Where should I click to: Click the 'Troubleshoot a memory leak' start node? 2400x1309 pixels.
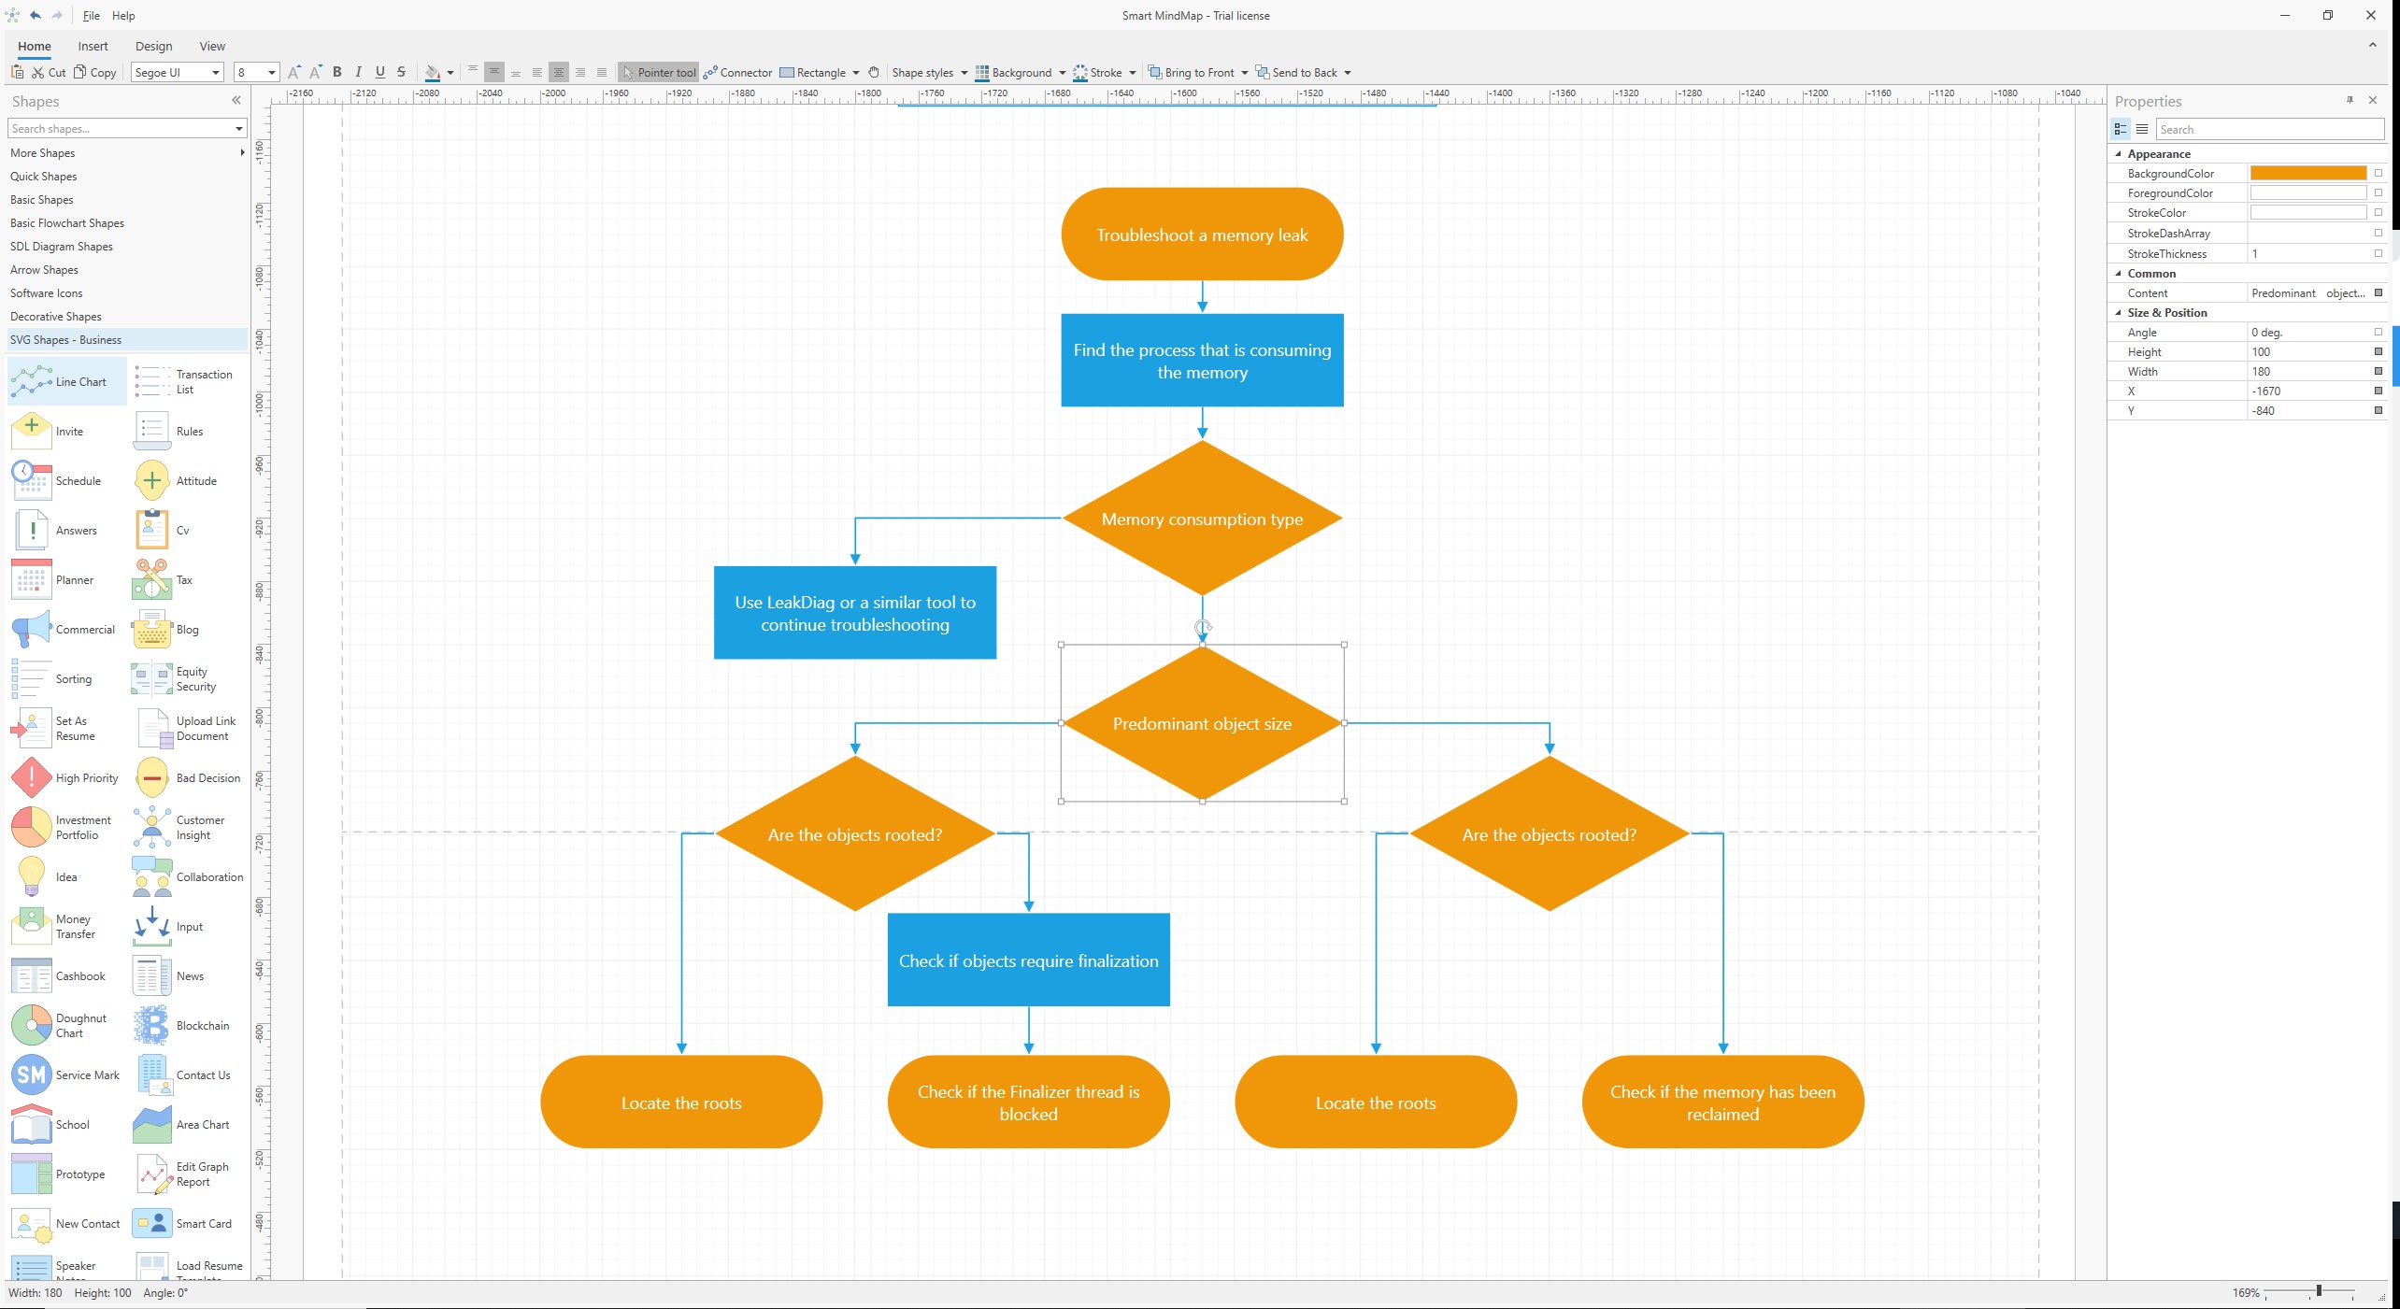click(x=1202, y=235)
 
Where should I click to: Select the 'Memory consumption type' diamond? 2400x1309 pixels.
click(x=1202, y=519)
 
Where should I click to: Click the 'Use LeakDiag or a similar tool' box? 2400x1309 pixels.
click(x=854, y=613)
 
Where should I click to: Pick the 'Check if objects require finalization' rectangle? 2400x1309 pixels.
click(x=1028, y=960)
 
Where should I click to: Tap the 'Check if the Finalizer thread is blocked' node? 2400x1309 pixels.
click(x=1028, y=1103)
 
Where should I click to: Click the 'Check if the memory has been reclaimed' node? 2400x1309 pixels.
click(x=1722, y=1103)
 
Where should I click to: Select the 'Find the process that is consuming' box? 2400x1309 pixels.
click(x=1202, y=361)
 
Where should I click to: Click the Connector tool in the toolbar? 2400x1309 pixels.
click(x=737, y=73)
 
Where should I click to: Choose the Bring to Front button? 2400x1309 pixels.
click(x=1197, y=73)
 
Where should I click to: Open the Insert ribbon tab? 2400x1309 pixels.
click(x=93, y=46)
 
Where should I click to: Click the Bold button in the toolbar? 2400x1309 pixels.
click(x=337, y=72)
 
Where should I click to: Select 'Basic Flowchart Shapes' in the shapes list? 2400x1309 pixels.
click(x=67, y=223)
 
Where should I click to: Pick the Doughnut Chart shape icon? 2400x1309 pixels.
click(x=32, y=1025)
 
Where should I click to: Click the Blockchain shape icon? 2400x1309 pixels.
click(x=151, y=1025)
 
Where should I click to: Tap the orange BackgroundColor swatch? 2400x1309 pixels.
click(x=2307, y=174)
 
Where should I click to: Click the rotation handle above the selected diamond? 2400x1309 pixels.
click(x=1203, y=628)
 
